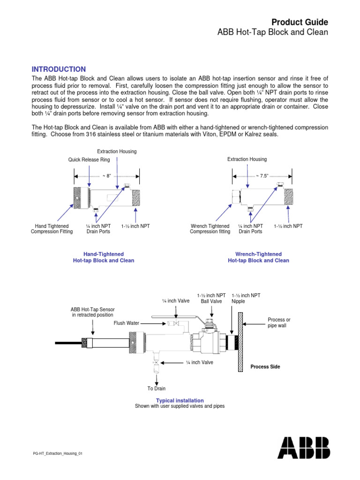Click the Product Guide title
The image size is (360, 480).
point(300,22)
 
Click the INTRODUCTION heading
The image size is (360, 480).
point(59,69)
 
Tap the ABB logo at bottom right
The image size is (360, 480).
point(303,448)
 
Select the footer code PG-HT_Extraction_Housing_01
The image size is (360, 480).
point(58,454)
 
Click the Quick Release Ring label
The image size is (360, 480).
point(89,160)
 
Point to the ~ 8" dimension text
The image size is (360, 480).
point(106,176)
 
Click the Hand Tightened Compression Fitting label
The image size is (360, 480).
point(52,229)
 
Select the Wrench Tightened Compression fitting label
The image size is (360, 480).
point(210,229)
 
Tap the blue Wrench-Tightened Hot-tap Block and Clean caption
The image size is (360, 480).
point(258,257)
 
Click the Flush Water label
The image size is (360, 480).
point(127,323)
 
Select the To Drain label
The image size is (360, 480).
point(157,388)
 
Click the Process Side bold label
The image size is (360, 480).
point(265,367)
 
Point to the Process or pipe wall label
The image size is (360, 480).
point(279,322)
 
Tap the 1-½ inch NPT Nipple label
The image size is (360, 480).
point(246,298)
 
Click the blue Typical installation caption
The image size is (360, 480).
point(180,400)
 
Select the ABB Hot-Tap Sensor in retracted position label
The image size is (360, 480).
point(92,312)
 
